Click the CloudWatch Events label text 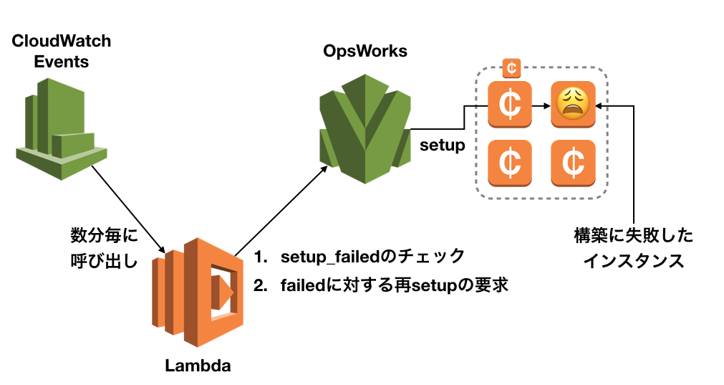(x=62, y=51)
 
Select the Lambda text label (x=198, y=366)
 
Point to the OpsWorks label (x=365, y=51)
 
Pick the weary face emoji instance (x=573, y=104)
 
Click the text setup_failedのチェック (x=373, y=256)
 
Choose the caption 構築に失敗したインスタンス (x=634, y=248)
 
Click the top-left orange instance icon (x=509, y=104)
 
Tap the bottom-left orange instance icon (x=509, y=162)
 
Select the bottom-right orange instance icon (x=573, y=162)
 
